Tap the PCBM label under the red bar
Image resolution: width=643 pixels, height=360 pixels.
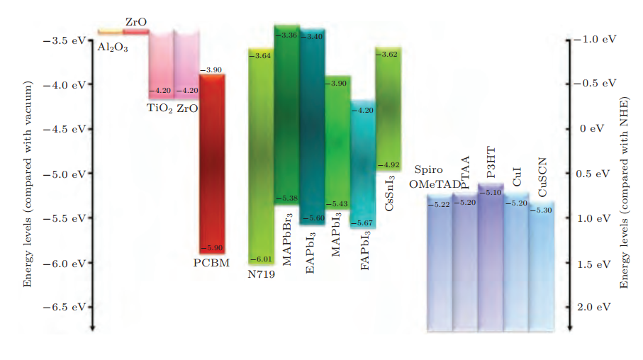(211, 263)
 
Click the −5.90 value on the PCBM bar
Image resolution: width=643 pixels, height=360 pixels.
(211, 247)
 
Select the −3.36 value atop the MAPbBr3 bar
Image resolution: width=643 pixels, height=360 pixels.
(287, 34)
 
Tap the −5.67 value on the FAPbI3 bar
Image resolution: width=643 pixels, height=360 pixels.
(363, 224)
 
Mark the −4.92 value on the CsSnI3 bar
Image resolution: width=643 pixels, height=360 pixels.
(388, 164)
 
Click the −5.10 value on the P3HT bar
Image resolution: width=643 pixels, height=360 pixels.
(491, 192)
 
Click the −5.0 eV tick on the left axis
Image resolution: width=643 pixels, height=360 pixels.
(68, 174)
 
